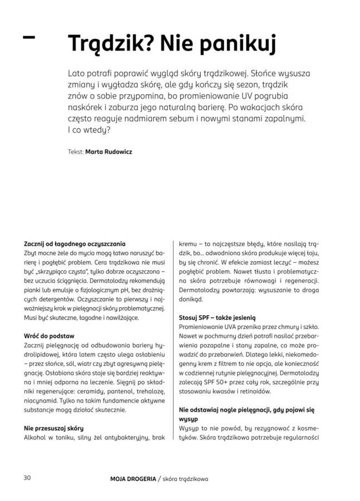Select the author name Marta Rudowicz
(x=109, y=151)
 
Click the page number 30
(x=28, y=478)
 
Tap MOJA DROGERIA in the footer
(x=132, y=478)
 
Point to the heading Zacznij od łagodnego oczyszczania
(x=75, y=244)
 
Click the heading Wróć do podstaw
(x=49, y=336)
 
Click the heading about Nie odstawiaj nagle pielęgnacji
(x=246, y=410)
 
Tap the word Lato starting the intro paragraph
(x=77, y=73)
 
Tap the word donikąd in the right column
(x=191, y=299)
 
